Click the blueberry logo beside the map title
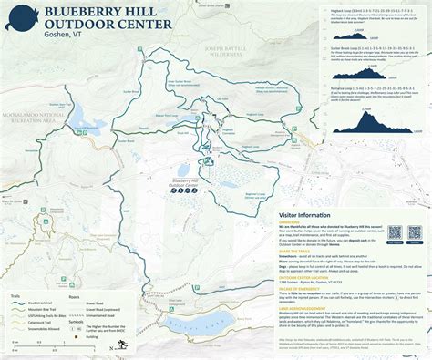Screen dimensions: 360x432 [x=18, y=19]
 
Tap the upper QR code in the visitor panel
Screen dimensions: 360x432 [x=394, y=234]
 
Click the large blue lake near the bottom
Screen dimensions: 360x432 [x=195, y=323]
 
